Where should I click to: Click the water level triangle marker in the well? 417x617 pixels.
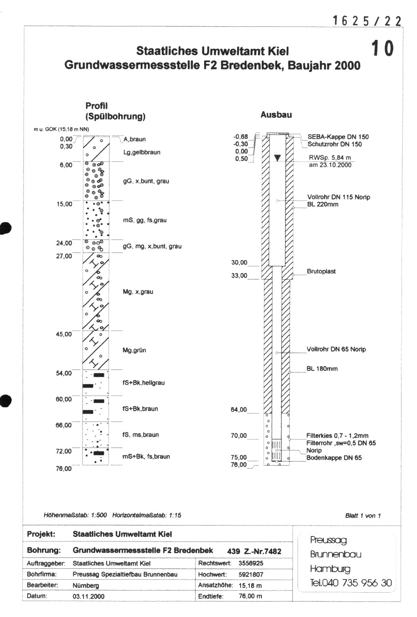pyautogui.click(x=277, y=158)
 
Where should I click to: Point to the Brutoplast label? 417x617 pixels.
pyautogui.click(x=321, y=271)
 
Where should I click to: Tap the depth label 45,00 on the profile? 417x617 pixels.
pyautogui.click(x=64, y=334)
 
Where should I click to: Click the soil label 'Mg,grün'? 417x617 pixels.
pyautogui.click(x=134, y=350)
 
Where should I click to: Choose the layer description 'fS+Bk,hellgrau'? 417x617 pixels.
pyautogui.click(x=143, y=383)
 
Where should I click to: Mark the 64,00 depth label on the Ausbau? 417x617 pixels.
pyautogui.click(x=239, y=410)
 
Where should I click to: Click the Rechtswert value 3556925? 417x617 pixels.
pyautogui.click(x=251, y=563)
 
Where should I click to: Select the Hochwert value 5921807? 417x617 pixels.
pyautogui.click(x=251, y=574)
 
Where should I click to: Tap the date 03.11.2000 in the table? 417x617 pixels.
pyautogui.click(x=88, y=596)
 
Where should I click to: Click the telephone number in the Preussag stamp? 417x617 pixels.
pyautogui.click(x=351, y=583)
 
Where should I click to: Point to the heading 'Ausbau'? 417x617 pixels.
pyautogui.click(x=276, y=115)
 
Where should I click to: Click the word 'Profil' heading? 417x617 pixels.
pyautogui.click(x=96, y=106)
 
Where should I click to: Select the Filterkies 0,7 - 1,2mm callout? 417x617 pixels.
pyautogui.click(x=337, y=436)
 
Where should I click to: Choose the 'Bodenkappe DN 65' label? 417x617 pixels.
pyautogui.click(x=334, y=458)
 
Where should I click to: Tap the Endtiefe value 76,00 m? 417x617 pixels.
pyautogui.click(x=250, y=596)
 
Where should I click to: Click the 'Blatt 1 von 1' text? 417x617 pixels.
pyautogui.click(x=363, y=515)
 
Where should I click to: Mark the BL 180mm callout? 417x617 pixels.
pyautogui.click(x=322, y=369)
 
